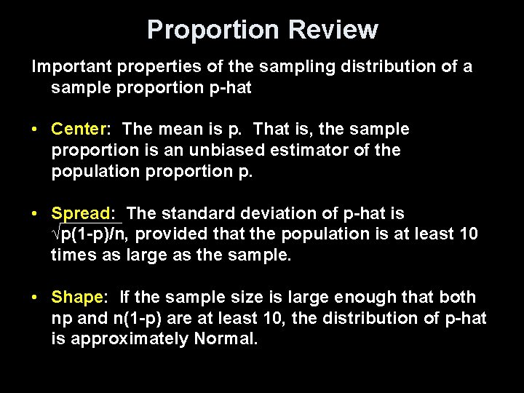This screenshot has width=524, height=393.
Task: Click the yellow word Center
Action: [x=78, y=130]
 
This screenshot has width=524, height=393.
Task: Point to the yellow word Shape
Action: [x=78, y=298]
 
